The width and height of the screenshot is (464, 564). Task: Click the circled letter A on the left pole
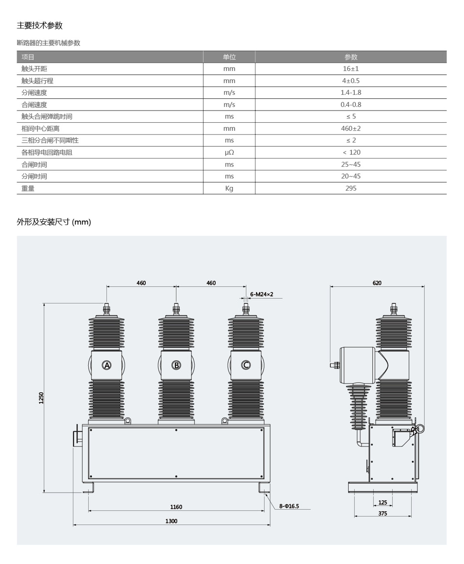pyautogui.click(x=106, y=365)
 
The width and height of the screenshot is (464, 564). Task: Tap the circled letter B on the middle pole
pyautogui.click(x=176, y=365)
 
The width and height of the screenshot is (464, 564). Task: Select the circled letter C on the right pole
pyautogui.click(x=246, y=365)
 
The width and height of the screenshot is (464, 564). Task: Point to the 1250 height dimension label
pyautogui.click(x=41, y=398)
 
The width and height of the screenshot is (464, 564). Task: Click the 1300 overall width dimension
pyautogui.click(x=171, y=521)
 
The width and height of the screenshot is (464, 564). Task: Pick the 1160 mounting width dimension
pyautogui.click(x=176, y=507)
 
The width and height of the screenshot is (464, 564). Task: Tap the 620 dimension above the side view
pyautogui.click(x=377, y=283)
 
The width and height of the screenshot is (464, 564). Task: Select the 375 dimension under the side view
pyautogui.click(x=383, y=513)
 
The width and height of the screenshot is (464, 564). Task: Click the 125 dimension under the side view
pyautogui.click(x=383, y=502)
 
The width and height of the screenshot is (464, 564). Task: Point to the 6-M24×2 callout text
pyautogui.click(x=262, y=294)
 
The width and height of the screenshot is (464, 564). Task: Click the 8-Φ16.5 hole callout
pyautogui.click(x=289, y=506)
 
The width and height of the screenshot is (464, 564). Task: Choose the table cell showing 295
pyautogui.click(x=351, y=188)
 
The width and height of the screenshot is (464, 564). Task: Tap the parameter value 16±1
pyautogui.click(x=351, y=69)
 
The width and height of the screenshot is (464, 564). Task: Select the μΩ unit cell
pyautogui.click(x=229, y=152)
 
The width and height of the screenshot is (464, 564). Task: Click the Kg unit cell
pyautogui.click(x=229, y=188)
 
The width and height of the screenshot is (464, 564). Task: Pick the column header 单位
pyautogui.click(x=229, y=57)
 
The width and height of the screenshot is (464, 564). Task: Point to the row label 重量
pyautogui.click(x=28, y=188)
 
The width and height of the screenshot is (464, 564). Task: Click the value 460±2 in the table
pyautogui.click(x=351, y=128)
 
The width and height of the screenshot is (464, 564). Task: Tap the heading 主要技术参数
pyautogui.click(x=40, y=25)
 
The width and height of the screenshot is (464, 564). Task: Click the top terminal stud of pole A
pyautogui.click(x=107, y=309)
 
